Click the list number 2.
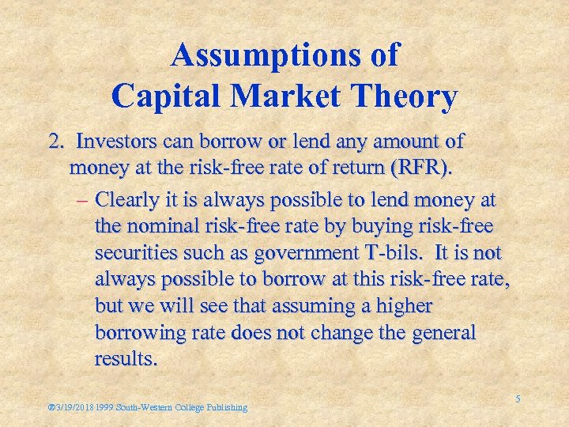click(x=55, y=142)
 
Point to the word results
click(x=126, y=358)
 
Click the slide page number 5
click(x=518, y=399)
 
